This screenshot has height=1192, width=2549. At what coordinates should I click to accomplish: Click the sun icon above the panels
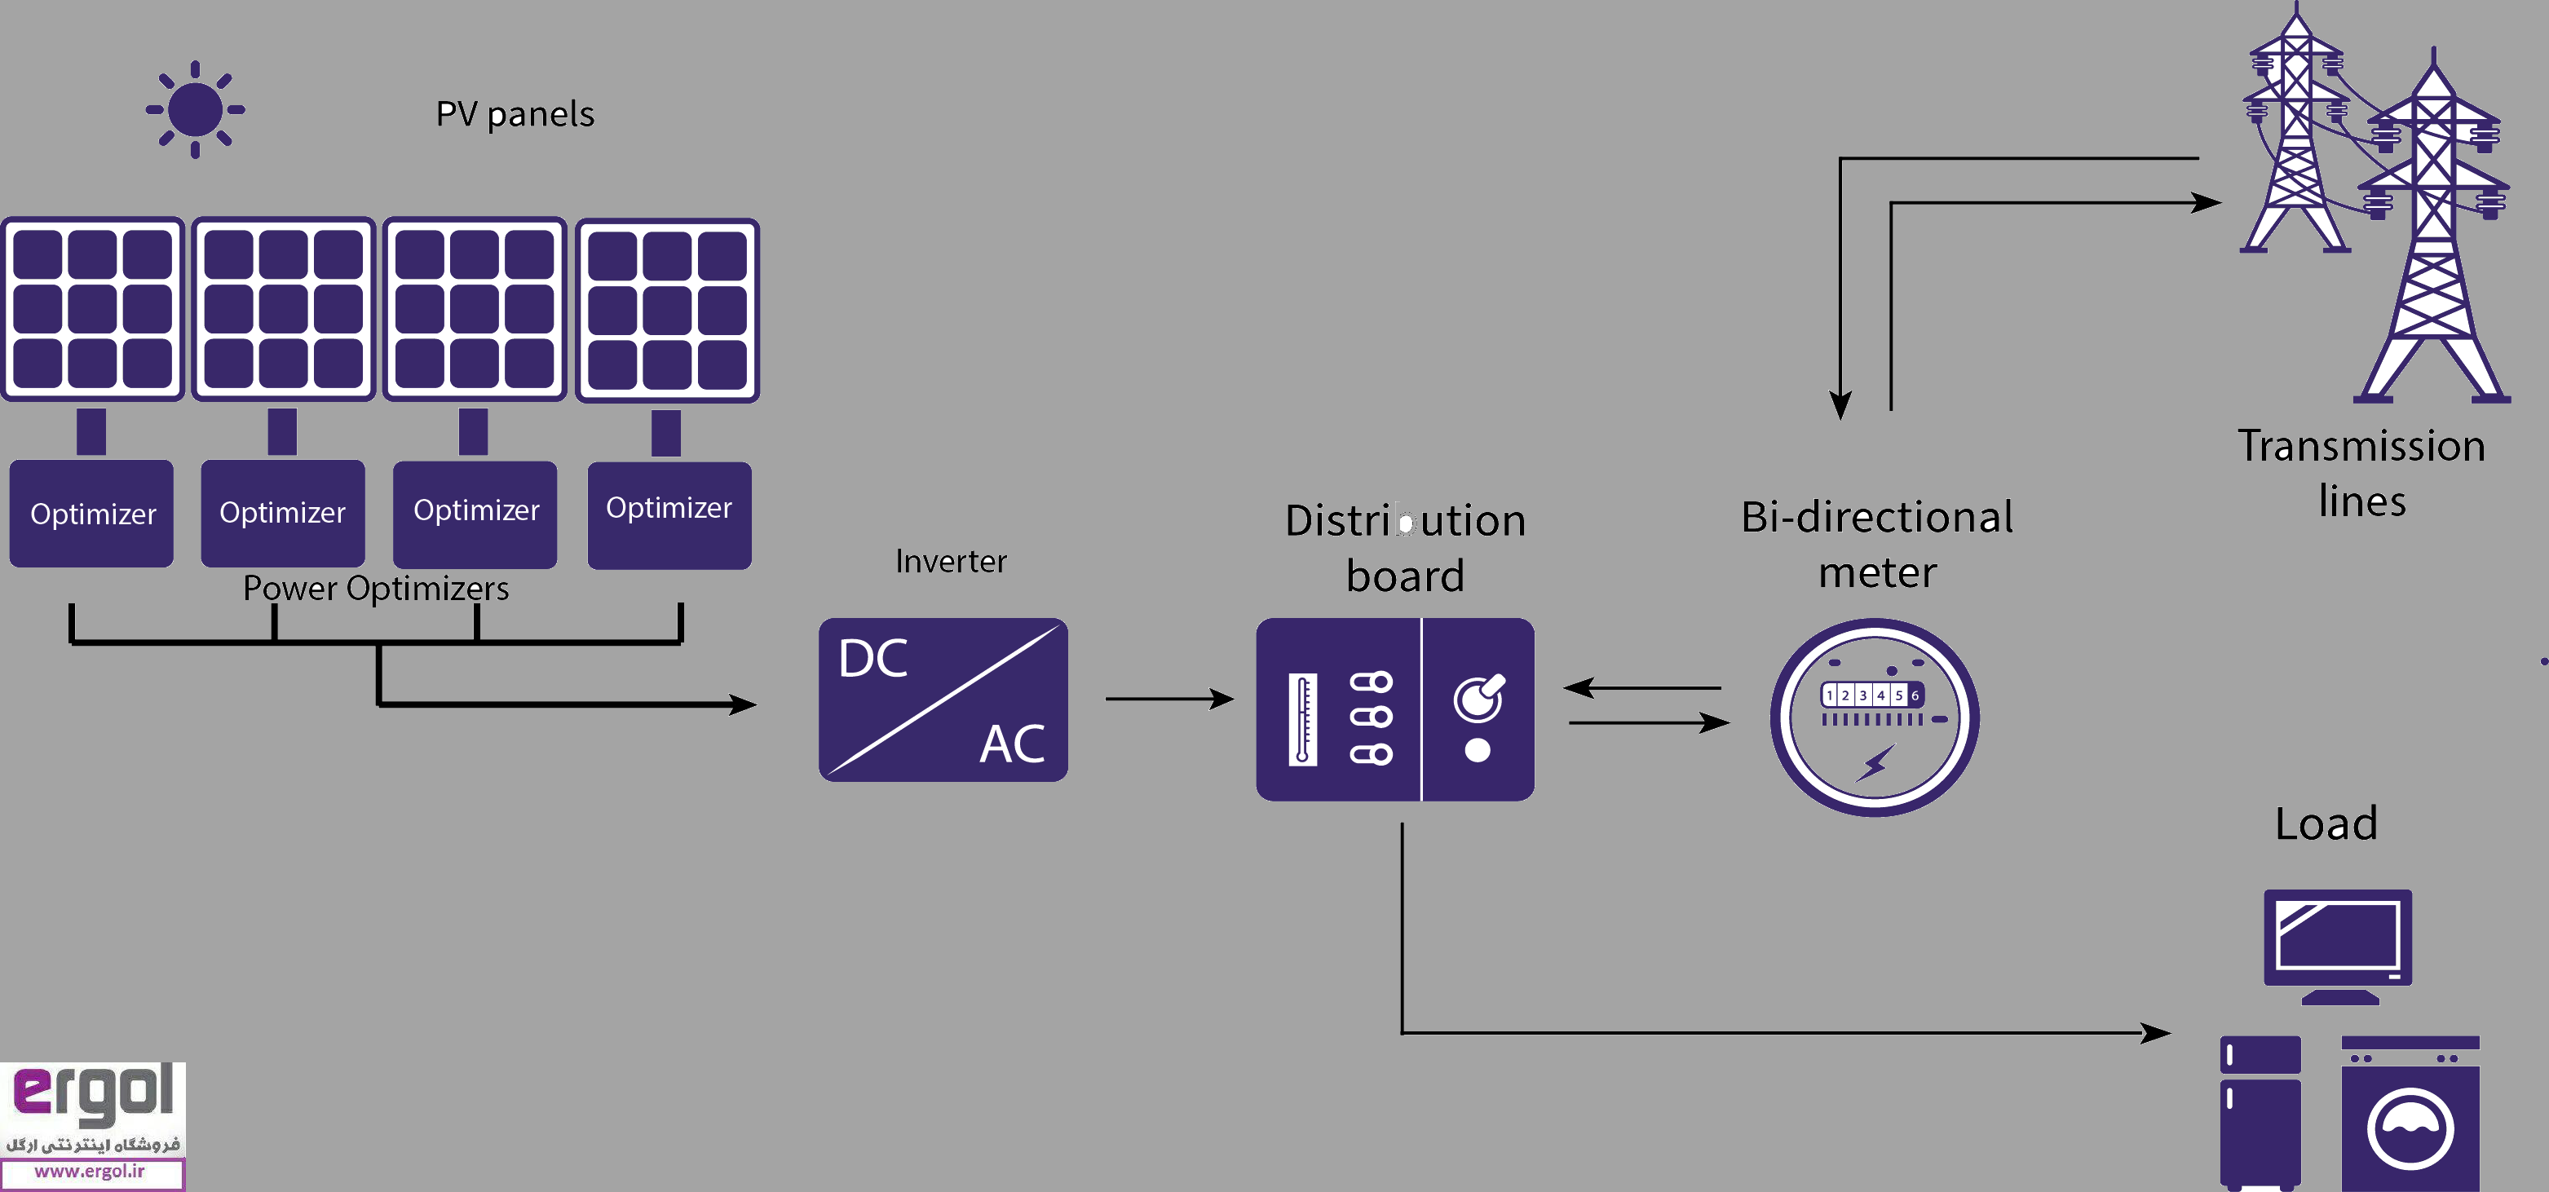point(195,108)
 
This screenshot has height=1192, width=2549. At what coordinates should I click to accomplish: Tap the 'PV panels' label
point(515,114)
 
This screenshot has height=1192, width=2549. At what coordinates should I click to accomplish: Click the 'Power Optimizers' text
point(376,589)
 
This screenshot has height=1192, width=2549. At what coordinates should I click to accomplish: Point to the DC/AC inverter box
point(943,700)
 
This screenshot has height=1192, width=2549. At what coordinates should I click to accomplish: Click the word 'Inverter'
point(951,562)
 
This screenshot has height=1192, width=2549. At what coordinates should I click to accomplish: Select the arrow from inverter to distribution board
point(1168,700)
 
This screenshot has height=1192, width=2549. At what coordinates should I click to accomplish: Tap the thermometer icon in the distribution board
point(1302,719)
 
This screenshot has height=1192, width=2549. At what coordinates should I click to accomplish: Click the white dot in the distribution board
point(1478,751)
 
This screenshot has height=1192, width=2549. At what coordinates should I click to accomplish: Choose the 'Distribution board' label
point(1404,548)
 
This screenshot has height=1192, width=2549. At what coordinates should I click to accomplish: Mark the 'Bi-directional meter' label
point(1877,544)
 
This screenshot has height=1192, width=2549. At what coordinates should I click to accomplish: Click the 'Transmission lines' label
point(2361,473)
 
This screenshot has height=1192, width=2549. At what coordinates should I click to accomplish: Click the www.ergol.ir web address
point(91,1172)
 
